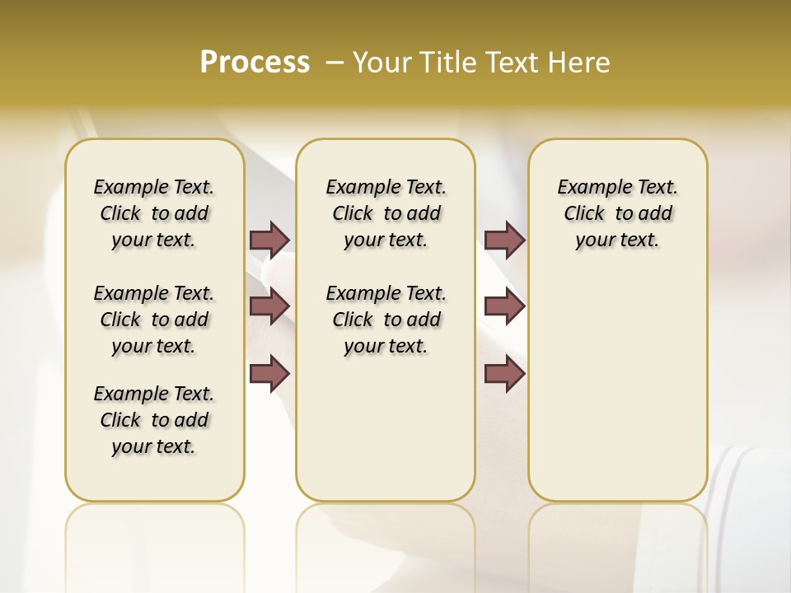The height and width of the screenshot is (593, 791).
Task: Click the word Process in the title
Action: [255, 63]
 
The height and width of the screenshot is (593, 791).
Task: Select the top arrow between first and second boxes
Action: [269, 240]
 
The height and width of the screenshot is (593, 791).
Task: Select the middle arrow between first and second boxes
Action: [269, 306]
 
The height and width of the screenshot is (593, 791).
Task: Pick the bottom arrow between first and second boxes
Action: [269, 374]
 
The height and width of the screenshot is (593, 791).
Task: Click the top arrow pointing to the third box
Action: [504, 240]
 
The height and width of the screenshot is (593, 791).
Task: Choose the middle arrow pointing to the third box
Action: [504, 306]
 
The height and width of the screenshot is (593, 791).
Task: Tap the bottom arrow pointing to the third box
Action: [504, 374]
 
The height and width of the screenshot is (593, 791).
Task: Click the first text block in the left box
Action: [154, 213]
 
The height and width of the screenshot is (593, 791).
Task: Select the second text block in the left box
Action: [154, 320]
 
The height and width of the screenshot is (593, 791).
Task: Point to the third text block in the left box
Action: [154, 420]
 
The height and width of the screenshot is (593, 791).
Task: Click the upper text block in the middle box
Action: [386, 213]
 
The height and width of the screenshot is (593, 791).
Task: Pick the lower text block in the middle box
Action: [386, 320]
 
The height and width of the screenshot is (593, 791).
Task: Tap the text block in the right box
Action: [618, 213]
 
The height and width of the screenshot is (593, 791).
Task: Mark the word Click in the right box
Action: [584, 214]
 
